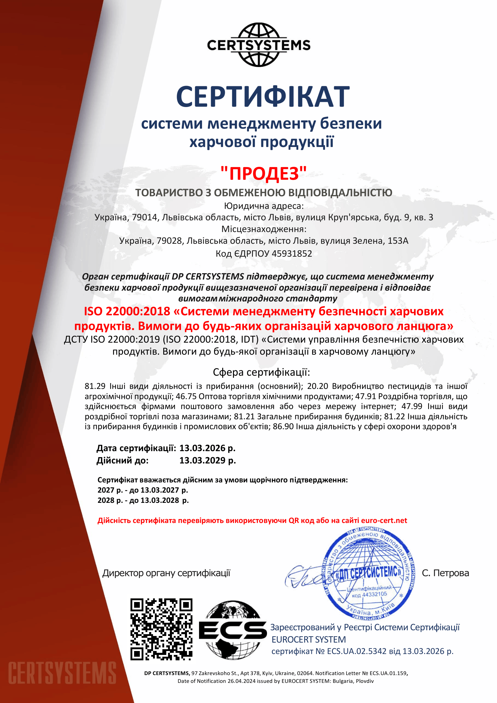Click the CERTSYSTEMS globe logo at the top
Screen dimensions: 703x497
pyautogui.click(x=259, y=45)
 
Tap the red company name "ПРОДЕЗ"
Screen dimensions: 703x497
pyautogui.click(x=263, y=173)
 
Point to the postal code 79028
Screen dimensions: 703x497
pyautogui.click(x=169, y=241)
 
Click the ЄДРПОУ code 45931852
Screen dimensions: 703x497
pyautogui.click(x=292, y=254)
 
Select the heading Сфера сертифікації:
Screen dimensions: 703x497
pyautogui.click(x=261, y=372)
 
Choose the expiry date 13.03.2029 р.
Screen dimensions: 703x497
pyautogui.click(x=207, y=460)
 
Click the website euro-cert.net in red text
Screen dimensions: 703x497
pyautogui.click(x=384, y=521)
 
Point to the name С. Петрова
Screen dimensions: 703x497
pyautogui.click(x=445, y=573)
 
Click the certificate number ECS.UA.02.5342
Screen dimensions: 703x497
pyautogui.click(x=357, y=651)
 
